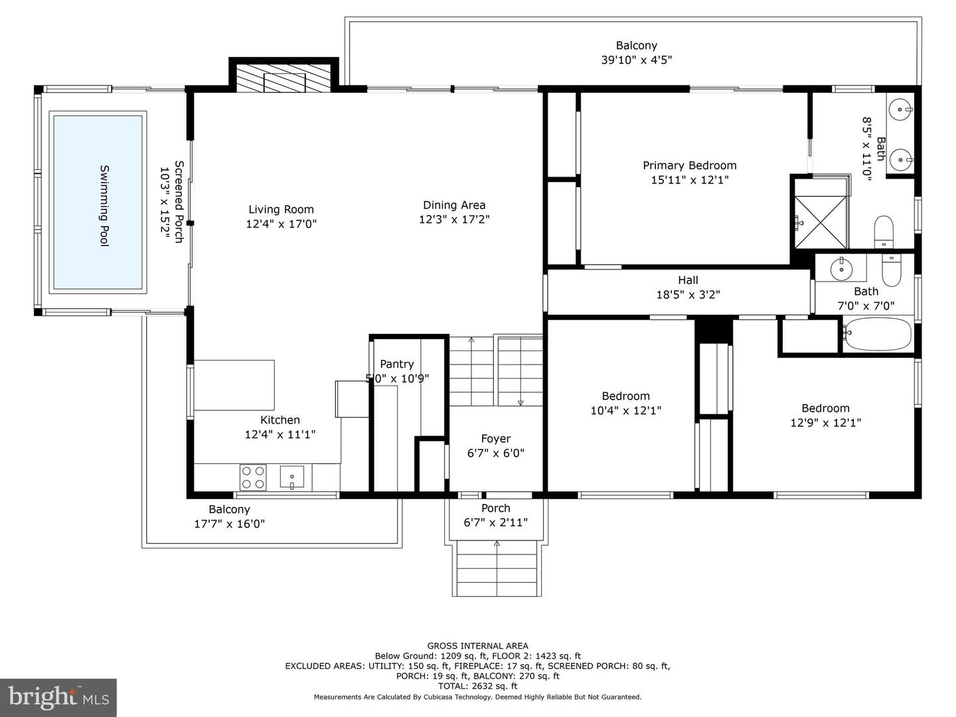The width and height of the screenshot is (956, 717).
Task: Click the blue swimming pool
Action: tap(98, 202)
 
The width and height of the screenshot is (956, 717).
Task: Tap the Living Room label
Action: tap(281, 209)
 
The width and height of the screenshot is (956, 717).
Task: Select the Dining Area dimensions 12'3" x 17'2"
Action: tap(454, 219)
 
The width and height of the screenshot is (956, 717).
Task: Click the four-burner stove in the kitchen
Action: tap(253, 477)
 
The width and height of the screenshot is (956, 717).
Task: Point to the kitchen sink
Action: tap(292, 477)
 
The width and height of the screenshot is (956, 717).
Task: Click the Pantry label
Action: tap(397, 364)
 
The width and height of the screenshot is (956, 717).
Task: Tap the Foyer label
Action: tap(496, 438)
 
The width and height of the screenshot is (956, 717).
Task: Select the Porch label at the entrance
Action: tap(496, 508)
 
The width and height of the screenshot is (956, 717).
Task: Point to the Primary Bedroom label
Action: tap(690, 165)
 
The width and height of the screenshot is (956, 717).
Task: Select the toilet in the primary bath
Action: tap(884, 232)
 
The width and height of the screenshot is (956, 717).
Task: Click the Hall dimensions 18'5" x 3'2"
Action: tap(688, 295)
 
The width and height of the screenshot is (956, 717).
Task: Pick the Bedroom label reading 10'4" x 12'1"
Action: tap(626, 403)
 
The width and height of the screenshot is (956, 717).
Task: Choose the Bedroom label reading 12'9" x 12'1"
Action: tap(826, 416)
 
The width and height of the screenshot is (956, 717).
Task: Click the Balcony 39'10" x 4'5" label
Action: tap(637, 52)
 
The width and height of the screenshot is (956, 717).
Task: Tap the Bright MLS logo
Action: tap(58, 697)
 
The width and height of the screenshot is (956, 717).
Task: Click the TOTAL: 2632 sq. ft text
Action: tap(478, 686)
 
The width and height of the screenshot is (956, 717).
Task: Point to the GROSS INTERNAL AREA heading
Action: tap(478, 646)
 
